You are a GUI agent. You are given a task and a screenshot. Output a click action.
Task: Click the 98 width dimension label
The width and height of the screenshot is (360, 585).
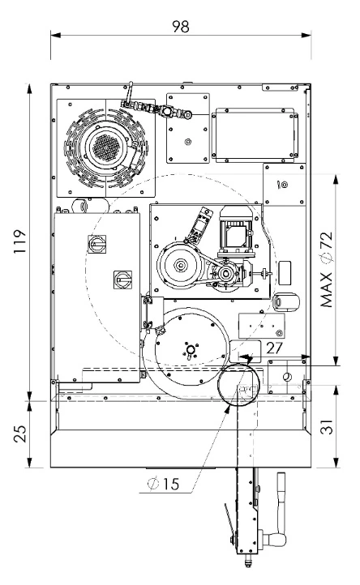(181, 27)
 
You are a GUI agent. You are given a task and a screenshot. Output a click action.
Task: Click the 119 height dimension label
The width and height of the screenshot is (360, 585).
(19, 241)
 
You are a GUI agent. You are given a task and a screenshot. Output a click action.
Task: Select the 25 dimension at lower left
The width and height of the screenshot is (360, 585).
(20, 434)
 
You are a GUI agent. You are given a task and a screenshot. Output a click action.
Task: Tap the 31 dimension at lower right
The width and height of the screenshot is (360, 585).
(328, 427)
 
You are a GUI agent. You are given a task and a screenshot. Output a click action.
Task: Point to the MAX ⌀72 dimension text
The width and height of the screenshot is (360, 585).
(326, 269)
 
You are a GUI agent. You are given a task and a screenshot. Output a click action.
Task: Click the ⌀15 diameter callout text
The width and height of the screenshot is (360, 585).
(163, 484)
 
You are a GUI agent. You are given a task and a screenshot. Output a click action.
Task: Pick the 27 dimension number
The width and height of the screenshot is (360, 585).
(275, 348)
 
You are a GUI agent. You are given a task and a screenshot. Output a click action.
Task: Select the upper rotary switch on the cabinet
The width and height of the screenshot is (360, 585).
(96, 244)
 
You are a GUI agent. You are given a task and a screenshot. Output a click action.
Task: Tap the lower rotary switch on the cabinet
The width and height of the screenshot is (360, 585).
(123, 279)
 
